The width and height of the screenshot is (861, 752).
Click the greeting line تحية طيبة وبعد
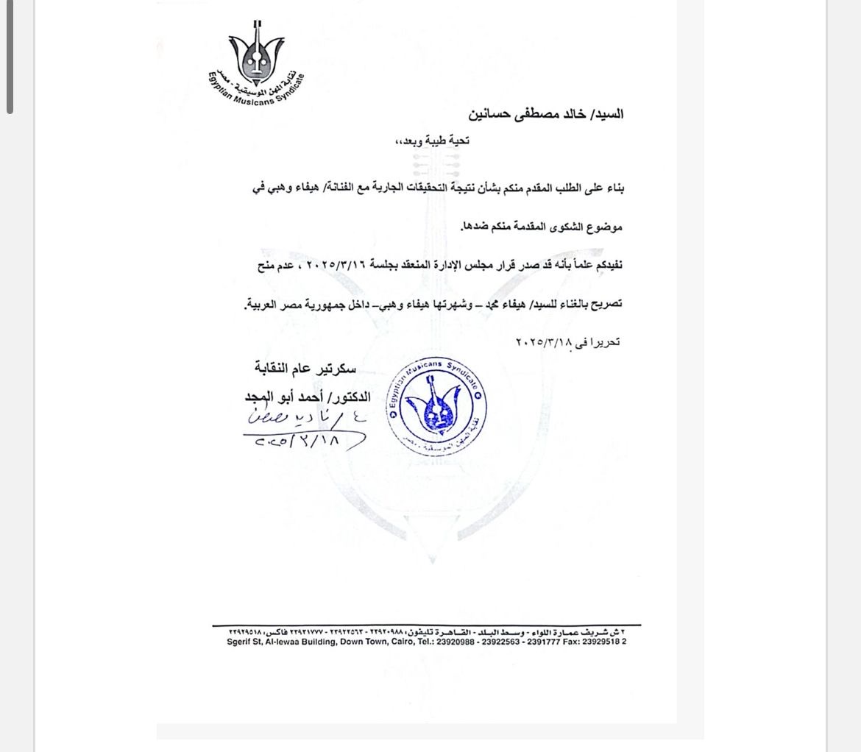point(432,141)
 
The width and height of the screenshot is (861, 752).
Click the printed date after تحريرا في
point(544,342)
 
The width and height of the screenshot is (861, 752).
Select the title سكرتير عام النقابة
point(305,368)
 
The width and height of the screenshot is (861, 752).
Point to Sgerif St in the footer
point(244,642)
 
